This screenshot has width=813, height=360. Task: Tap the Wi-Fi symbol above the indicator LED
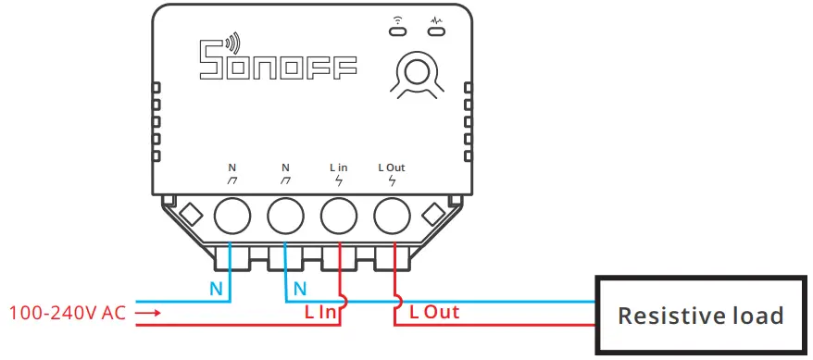(396, 19)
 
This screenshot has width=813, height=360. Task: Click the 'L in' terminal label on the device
(338, 168)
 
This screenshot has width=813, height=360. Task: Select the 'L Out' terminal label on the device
(392, 168)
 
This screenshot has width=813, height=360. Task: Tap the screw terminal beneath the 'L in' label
(339, 217)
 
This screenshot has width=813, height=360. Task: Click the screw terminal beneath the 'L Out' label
(392, 217)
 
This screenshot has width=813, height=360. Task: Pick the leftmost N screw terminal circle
(232, 217)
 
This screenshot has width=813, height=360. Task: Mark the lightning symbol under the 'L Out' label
(392, 180)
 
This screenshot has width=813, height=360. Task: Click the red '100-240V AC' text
(67, 313)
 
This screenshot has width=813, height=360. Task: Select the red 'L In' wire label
(321, 313)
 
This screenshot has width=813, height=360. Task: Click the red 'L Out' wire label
(434, 313)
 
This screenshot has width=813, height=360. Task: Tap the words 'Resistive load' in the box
(700, 316)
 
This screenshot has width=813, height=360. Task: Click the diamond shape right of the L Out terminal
(432, 214)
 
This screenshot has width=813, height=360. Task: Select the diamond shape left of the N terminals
(192, 214)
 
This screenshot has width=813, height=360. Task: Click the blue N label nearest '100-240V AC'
(216, 289)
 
